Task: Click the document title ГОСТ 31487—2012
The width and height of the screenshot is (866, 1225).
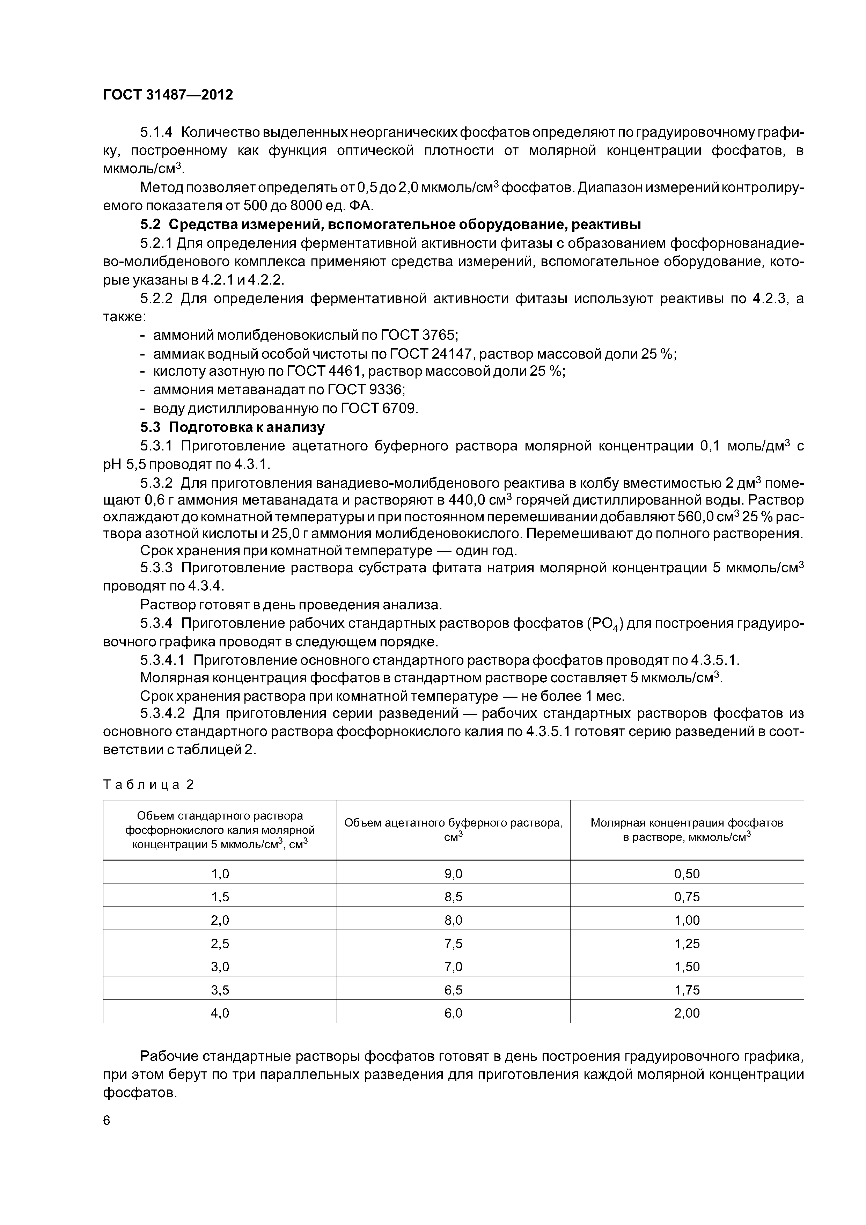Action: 168,95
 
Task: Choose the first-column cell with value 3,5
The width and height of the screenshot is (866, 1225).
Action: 220,990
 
